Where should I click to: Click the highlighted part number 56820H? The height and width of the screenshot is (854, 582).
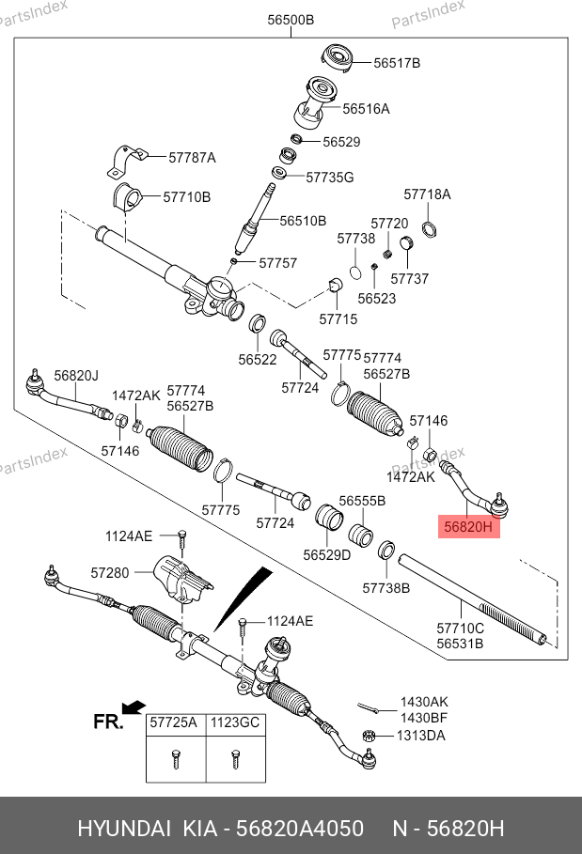pos(468,528)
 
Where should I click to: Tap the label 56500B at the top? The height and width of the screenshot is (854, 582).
pos(291,20)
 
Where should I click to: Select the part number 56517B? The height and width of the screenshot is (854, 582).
pos(397,63)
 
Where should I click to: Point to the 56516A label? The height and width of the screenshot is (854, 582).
pos(366,109)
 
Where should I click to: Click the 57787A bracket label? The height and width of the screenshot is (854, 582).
pos(192,158)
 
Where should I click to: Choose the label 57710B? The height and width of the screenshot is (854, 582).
pos(186,197)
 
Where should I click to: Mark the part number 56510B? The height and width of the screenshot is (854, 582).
pos(303,221)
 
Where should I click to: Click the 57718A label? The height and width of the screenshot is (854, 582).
pos(427,194)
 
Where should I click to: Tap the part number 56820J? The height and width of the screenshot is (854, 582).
pos(75,375)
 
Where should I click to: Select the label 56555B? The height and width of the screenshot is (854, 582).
pos(362,502)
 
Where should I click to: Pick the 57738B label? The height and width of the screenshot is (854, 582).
pos(386,587)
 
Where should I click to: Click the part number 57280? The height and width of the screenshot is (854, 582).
pos(110,571)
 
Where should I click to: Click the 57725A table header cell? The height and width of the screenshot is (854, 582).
pos(174,723)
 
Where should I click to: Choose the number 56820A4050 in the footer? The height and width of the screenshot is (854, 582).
pos(299,829)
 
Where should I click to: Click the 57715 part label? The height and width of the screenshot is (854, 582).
pos(338,319)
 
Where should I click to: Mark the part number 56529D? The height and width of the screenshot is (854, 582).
pos(326,554)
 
